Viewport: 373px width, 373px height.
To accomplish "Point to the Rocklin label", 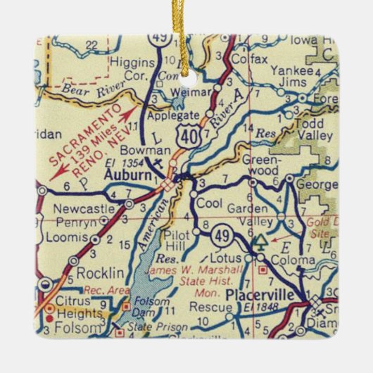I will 100,272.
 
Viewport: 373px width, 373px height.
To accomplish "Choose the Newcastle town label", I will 91,209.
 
